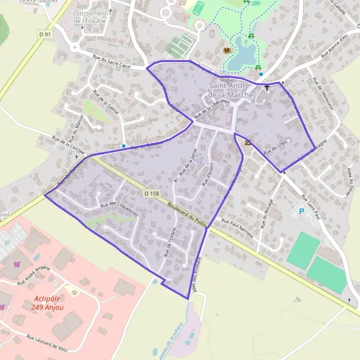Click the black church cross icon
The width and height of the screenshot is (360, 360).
pyautogui.click(x=267, y=88)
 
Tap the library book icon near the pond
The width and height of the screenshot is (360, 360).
pyautogui.click(x=226, y=50)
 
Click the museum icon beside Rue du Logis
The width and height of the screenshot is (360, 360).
pyautogui.click(x=248, y=142)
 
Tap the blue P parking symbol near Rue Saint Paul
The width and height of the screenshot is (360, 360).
pyautogui.click(x=301, y=212)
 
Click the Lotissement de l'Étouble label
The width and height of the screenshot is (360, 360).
pyautogui.click(x=91, y=16)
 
